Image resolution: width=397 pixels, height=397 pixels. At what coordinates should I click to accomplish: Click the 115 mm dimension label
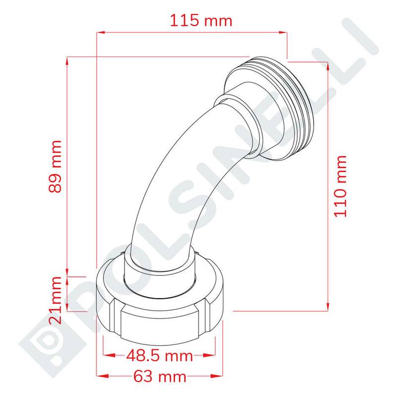click(x=201, y=20)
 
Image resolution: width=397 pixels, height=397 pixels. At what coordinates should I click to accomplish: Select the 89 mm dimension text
click(x=55, y=166)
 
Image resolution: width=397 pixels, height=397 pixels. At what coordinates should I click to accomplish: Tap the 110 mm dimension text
click(x=340, y=186)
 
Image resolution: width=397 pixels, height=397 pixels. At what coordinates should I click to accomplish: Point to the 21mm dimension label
click(x=55, y=300)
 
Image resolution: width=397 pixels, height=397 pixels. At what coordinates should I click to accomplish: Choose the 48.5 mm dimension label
click(x=159, y=356)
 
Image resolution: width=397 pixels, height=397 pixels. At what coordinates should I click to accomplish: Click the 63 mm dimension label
click(x=160, y=377)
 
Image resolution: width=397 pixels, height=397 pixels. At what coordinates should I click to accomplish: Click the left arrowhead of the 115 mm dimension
click(x=101, y=32)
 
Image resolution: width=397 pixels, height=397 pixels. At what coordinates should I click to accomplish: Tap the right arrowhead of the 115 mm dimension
click(x=283, y=32)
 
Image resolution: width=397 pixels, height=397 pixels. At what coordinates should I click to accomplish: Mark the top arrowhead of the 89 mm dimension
click(x=67, y=61)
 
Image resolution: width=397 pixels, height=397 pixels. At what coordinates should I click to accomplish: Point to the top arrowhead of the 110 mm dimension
click(x=328, y=66)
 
